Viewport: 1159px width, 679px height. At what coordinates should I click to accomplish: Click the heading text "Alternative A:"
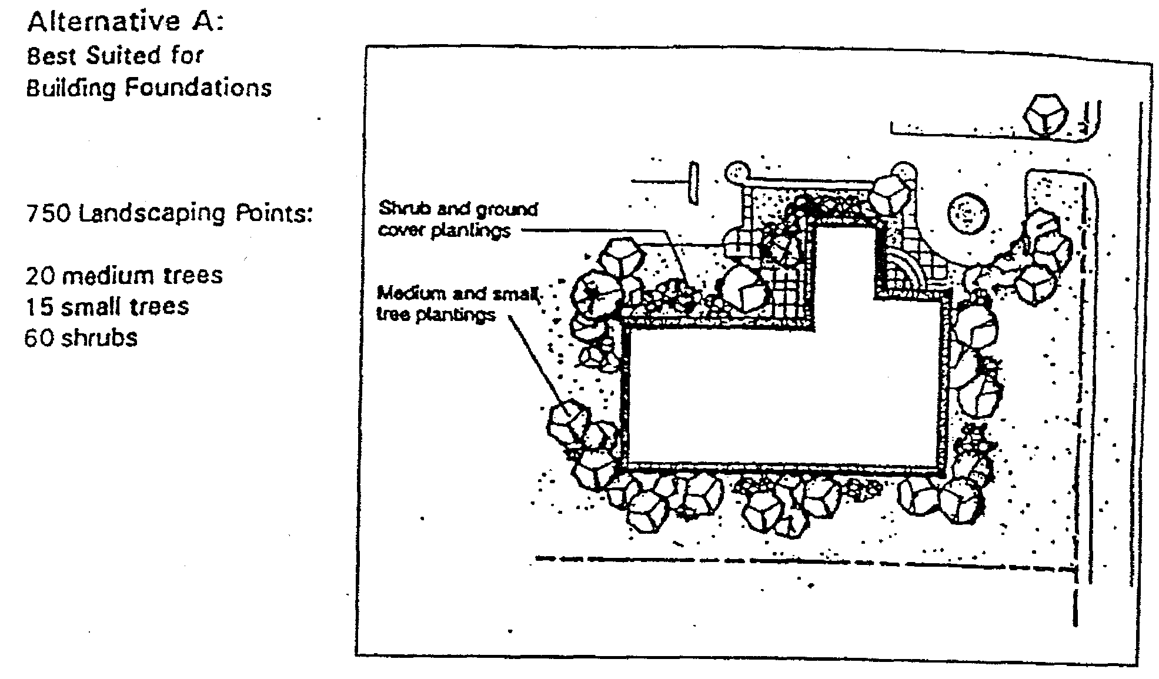(x=125, y=22)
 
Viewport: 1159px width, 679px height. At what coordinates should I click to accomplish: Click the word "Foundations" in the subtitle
(x=198, y=88)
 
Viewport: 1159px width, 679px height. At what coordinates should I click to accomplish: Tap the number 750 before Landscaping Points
(x=49, y=213)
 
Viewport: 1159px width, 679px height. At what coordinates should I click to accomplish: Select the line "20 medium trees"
(x=124, y=276)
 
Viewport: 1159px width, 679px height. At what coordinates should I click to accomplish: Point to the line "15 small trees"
(x=107, y=307)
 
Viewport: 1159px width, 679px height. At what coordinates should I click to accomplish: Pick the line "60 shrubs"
(x=81, y=339)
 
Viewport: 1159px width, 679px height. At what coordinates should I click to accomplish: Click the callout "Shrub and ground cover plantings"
(x=457, y=219)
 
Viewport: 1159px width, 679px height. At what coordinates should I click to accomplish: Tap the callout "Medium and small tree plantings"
(x=457, y=303)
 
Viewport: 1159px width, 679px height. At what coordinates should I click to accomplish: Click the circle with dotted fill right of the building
(x=968, y=213)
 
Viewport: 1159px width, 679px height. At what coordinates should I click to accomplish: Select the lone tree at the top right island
(x=1045, y=116)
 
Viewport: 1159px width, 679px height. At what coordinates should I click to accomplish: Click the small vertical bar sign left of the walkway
(x=693, y=183)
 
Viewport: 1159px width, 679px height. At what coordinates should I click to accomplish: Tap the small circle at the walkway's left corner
(x=736, y=172)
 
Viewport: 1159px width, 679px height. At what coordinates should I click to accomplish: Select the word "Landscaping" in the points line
(x=152, y=213)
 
